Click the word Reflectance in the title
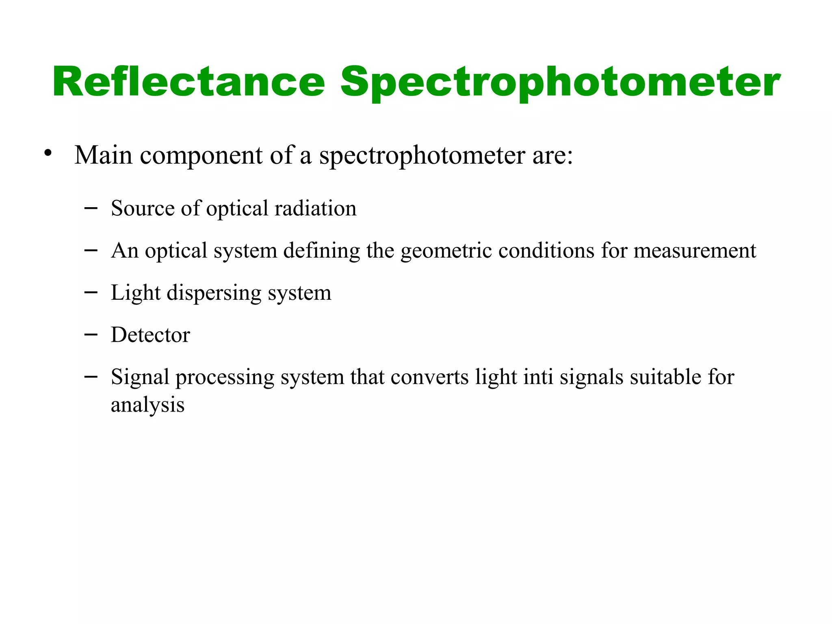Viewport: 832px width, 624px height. click(188, 82)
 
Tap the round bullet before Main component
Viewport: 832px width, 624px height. click(48, 154)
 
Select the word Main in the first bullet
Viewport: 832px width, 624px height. click(103, 155)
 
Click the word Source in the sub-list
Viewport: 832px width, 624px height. click(143, 208)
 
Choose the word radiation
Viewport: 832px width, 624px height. click(315, 208)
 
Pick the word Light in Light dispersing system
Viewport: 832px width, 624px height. click(135, 293)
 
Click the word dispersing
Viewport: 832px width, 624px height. click(214, 293)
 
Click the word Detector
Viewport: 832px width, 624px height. click(150, 335)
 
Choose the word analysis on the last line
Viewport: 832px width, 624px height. click(147, 405)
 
